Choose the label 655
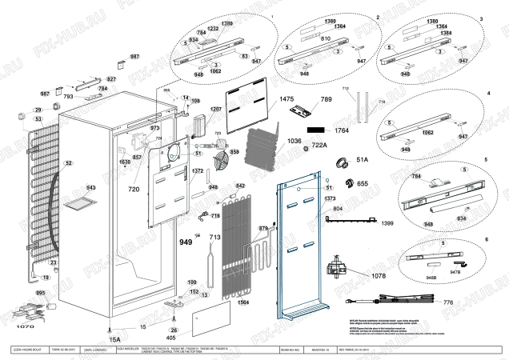(x=362, y=183)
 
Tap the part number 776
(x=448, y=302)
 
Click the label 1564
(x=243, y=303)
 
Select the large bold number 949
(x=186, y=242)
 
